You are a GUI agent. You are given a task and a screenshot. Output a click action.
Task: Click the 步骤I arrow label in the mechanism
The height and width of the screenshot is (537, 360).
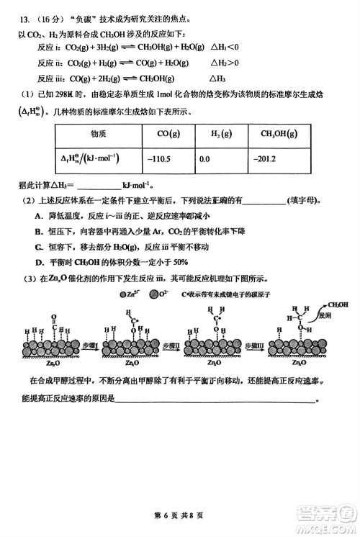(89, 347)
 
